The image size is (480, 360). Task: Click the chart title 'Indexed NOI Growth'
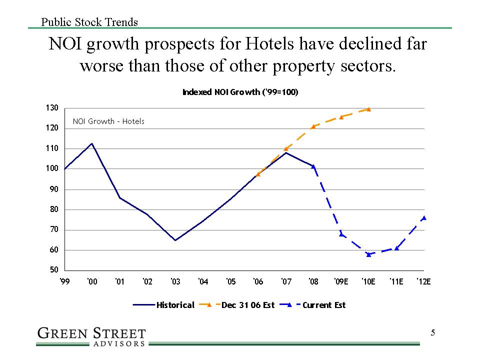(x=240, y=92)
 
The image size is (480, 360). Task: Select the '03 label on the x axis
(x=175, y=282)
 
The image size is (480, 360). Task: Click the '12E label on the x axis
(x=424, y=282)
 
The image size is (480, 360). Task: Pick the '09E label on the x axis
(x=341, y=282)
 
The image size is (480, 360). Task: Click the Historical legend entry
(x=163, y=305)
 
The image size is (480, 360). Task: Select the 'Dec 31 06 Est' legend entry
(x=237, y=305)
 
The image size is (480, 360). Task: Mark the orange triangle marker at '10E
(x=368, y=109)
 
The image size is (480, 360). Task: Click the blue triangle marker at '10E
(x=368, y=254)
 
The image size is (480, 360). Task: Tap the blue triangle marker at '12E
(x=424, y=217)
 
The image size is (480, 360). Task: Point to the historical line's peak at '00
(x=92, y=143)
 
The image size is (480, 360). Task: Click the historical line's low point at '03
(x=175, y=240)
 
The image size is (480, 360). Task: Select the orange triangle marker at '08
(x=313, y=126)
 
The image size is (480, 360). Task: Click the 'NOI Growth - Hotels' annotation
(x=108, y=121)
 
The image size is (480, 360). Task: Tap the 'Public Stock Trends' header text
(x=89, y=22)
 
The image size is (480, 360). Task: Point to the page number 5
(x=433, y=333)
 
